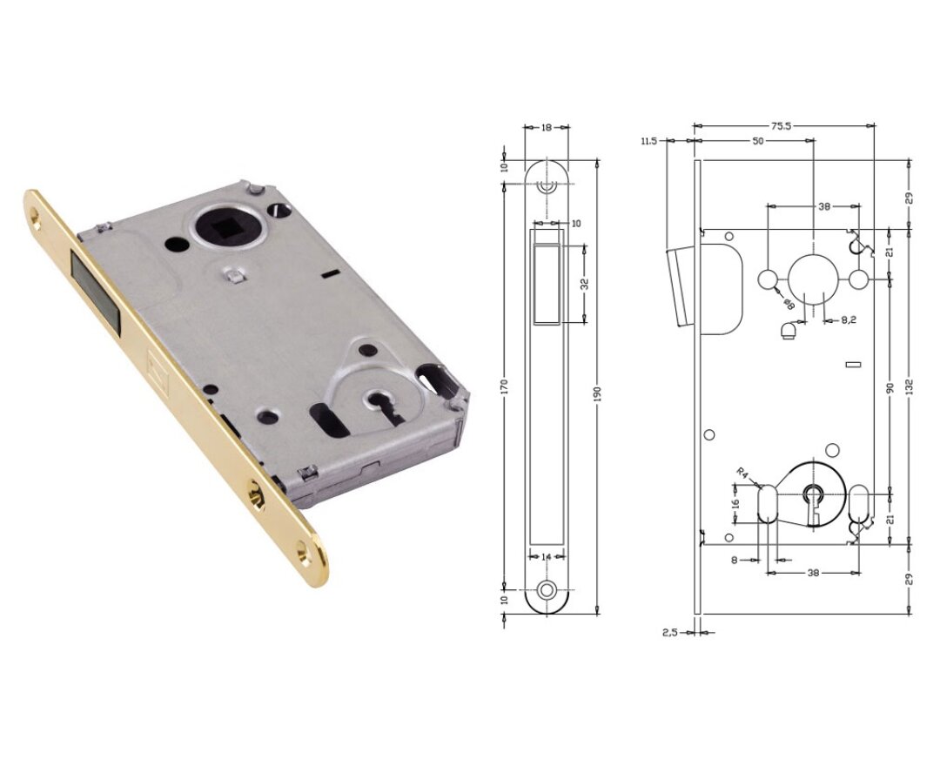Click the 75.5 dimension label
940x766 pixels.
(x=781, y=126)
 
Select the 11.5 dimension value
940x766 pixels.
(x=647, y=140)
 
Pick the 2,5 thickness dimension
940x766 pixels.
(x=668, y=633)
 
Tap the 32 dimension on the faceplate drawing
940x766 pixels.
(x=584, y=283)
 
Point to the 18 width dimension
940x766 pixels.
(x=546, y=127)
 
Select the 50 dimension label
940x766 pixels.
(x=758, y=140)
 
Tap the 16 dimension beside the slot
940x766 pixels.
(x=735, y=503)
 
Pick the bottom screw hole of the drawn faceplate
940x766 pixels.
(x=547, y=589)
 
